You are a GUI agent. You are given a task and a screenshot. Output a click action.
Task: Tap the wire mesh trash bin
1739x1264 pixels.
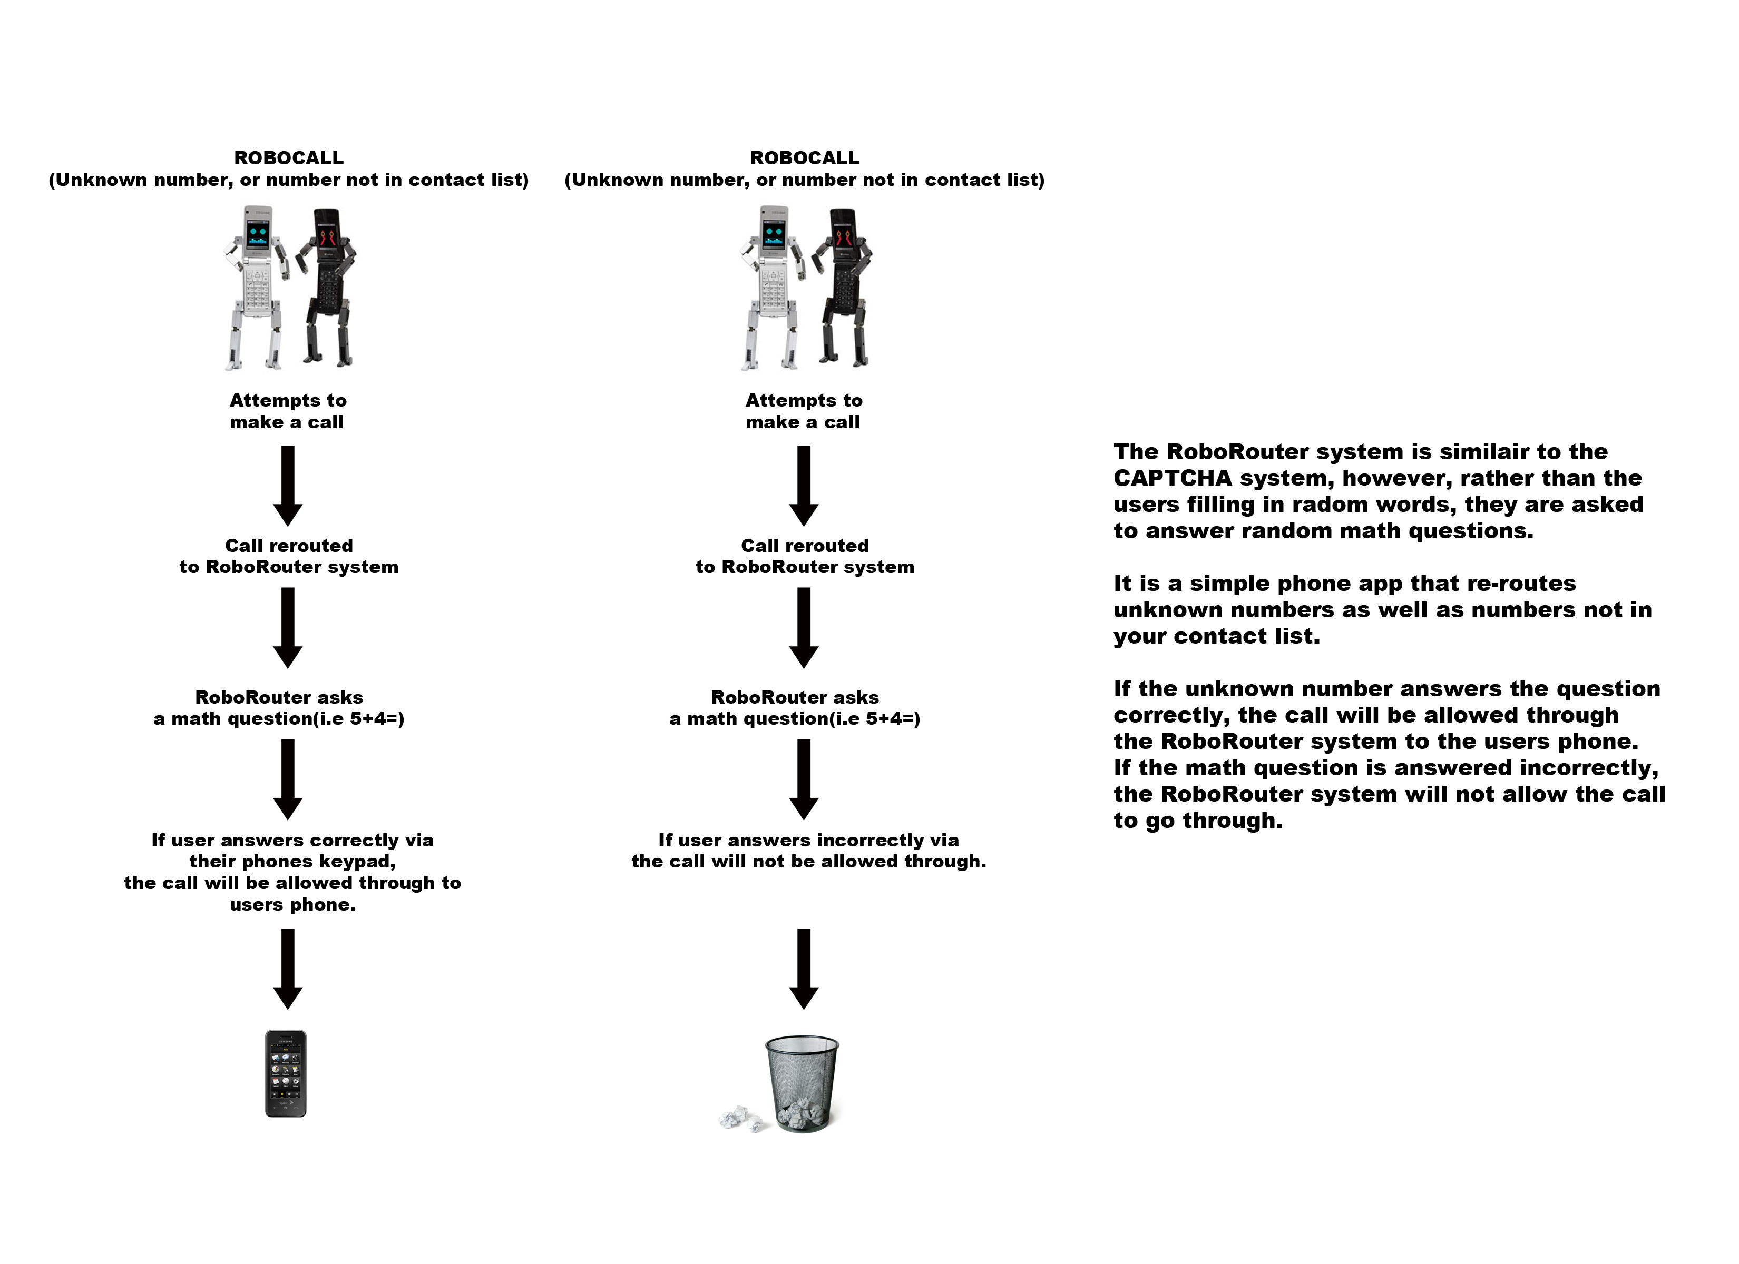[802, 1083]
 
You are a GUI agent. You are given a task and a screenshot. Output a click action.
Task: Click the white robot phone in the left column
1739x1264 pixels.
[256, 288]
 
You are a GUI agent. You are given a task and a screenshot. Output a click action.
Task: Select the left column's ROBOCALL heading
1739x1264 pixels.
[288, 158]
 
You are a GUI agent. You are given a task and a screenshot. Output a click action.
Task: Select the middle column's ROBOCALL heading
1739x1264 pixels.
[804, 158]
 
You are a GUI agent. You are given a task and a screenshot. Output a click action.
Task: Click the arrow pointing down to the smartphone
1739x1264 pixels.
[288, 969]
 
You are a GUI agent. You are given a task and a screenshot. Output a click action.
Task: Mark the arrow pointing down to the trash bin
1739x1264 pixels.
[804, 969]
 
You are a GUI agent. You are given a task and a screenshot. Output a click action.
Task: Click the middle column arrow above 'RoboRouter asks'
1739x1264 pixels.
[804, 628]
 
